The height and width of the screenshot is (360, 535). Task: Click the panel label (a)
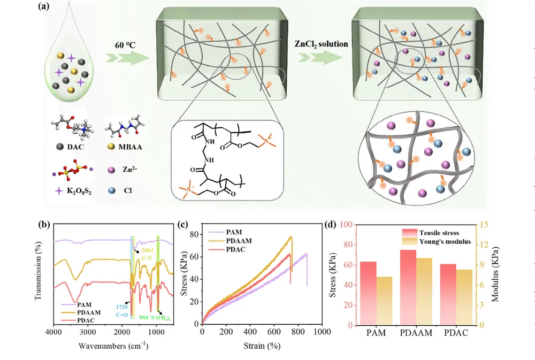coord(44,7)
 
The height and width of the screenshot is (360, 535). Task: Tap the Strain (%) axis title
coord(262,346)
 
